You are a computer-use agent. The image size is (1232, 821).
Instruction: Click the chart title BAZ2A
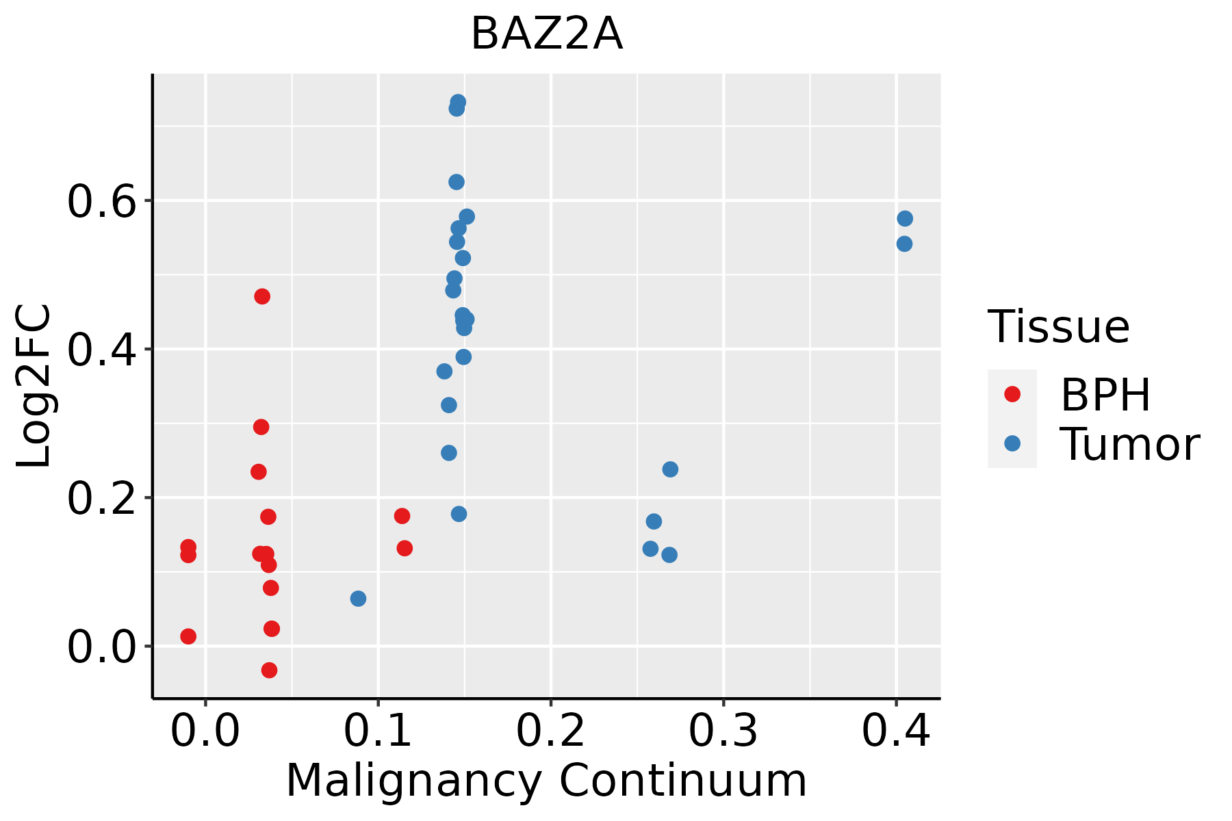coord(547,34)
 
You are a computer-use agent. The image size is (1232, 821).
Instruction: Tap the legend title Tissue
coord(1059,327)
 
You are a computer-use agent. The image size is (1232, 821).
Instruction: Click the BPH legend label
coord(1105,395)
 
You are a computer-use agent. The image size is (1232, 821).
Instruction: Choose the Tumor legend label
coord(1129,445)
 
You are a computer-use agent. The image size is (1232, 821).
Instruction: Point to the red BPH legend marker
coord(1012,394)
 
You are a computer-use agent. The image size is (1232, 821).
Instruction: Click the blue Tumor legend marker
coord(1012,444)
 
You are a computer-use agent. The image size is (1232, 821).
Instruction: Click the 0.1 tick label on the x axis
coord(378,731)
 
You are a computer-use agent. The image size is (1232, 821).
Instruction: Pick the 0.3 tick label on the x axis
coord(723,731)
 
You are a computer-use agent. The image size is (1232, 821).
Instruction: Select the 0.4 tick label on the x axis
coord(895,731)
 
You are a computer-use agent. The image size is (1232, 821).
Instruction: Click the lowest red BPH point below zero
coord(269,670)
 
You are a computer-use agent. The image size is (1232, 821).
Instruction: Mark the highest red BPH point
coord(262,296)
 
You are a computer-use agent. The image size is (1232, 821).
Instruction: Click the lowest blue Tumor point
coord(358,599)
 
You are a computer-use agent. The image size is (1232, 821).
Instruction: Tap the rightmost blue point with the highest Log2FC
coord(905,219)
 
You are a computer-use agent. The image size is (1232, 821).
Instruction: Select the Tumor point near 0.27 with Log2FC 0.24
coord(670,469)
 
